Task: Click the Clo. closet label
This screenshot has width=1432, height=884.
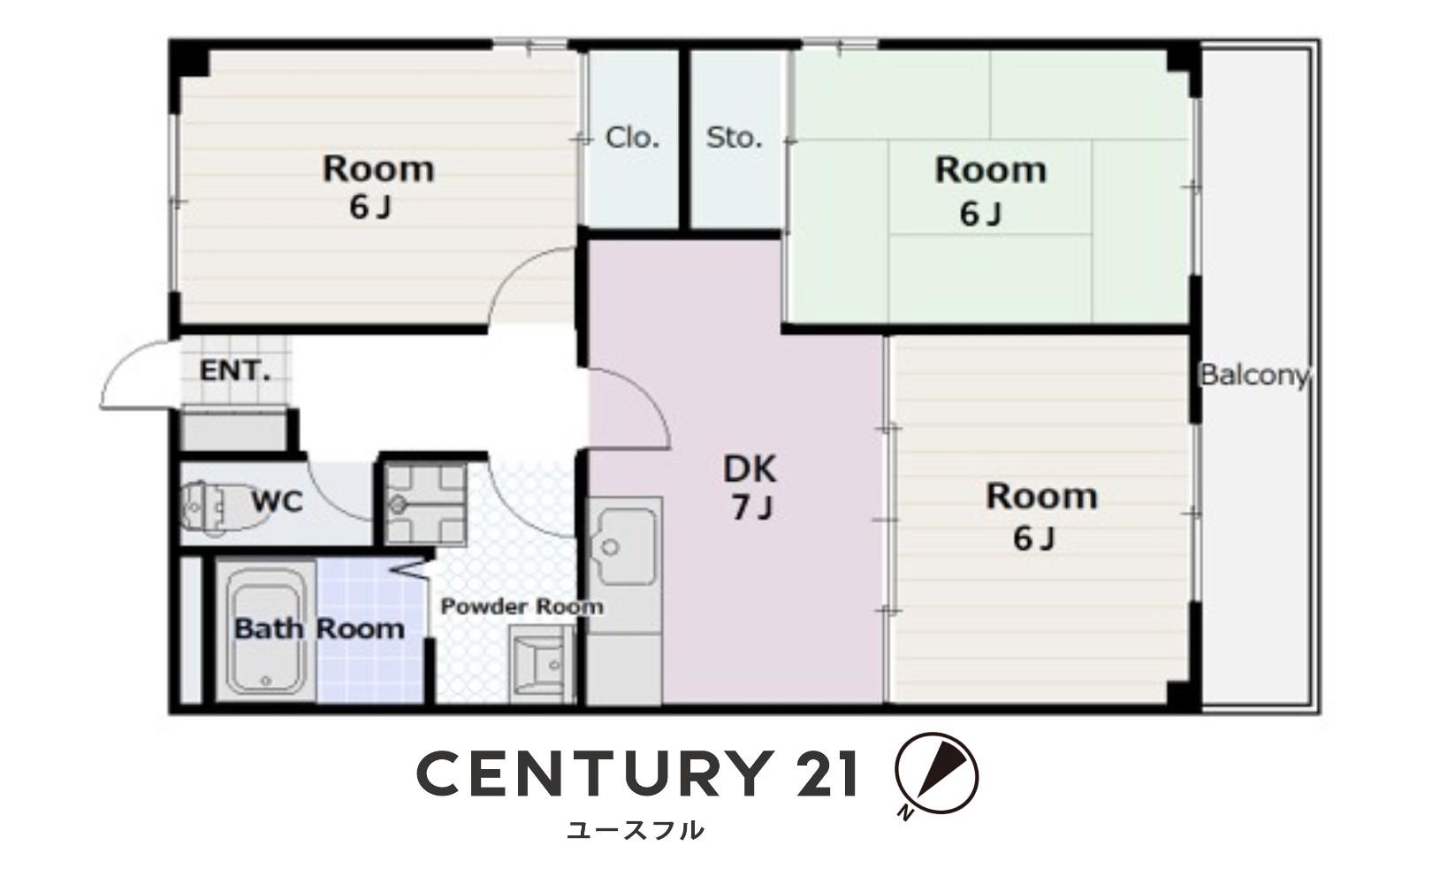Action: click(632, 138)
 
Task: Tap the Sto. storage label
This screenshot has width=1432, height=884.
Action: click(734, 138)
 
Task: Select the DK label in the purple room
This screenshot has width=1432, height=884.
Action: click(750, 469)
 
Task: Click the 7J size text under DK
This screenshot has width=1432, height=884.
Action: click(752, 508)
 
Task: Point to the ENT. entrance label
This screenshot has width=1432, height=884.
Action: click(234, 370)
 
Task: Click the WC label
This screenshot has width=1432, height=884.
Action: click(277, 502)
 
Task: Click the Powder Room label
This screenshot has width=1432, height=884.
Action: click(522, 606)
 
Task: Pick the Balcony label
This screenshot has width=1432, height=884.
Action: click(1255, 375)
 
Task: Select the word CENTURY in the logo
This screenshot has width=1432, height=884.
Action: click(592, 774)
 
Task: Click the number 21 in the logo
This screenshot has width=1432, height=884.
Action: click(826, 774)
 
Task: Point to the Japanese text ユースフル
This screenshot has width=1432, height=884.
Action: click(636, 830)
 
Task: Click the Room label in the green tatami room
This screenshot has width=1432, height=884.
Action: click(990, 171)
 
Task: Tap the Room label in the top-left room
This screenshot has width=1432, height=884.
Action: click(378, 170)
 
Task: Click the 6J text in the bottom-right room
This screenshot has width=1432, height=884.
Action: click(1033, 538)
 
